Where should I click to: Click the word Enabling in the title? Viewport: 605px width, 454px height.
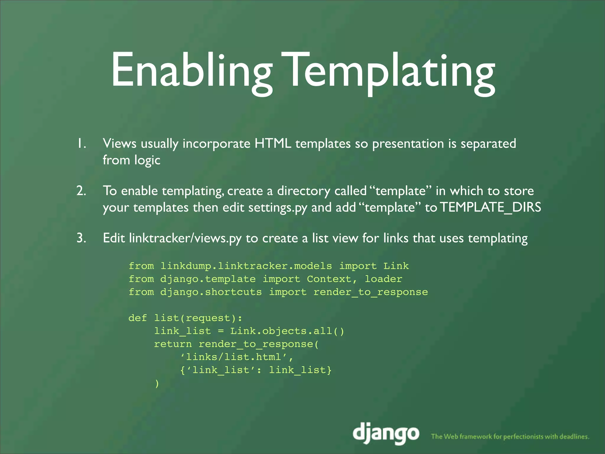(x=191, y=71)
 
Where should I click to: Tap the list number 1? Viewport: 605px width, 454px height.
(x=81, y=144)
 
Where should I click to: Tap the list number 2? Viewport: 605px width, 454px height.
(x=81, y=191)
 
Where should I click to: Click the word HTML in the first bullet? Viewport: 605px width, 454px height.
(x=272, y=144)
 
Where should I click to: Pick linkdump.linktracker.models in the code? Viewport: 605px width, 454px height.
(x=246, y=266)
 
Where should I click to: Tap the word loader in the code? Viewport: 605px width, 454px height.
(x=383, y=279)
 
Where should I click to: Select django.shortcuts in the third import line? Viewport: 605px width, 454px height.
(x=211, y=292)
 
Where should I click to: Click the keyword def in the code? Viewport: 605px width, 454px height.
(x=138, y=318)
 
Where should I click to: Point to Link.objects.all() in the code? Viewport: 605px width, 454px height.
(x=287, y=331)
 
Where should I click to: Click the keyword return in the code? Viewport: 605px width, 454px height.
(x=173, y=344)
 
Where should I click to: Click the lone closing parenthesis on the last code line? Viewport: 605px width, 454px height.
(x=157, y=383)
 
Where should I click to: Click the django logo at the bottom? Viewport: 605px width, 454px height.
(x=386, y=434)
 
